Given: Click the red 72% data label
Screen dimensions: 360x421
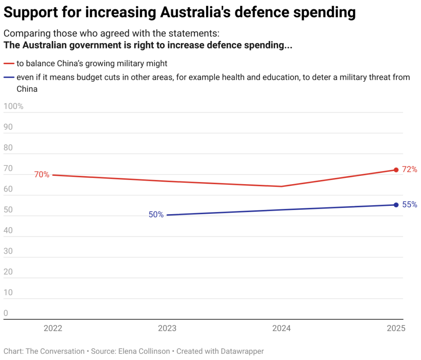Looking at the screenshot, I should tap(409, 169).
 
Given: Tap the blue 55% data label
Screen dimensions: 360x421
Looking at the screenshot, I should tap(409, 205).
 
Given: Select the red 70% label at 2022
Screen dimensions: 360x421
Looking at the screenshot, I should tap(42, 175).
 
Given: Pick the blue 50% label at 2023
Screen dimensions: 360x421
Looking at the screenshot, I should tap(156, 215).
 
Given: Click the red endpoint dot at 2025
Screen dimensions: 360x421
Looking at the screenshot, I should tap(396, 170).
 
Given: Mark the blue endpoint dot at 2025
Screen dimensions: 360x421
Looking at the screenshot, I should tap(396, 205).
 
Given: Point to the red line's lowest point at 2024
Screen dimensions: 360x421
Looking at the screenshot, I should tap(282, 186).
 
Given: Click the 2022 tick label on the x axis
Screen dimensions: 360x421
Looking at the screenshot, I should tap(53, 328).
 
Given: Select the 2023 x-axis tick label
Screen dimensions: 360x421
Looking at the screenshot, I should tap(167, 328).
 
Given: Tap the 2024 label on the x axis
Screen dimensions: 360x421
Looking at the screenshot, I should tap(282, 328).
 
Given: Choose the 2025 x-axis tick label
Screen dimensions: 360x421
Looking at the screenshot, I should tap(396, 328).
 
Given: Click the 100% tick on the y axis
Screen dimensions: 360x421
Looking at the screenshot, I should tap(13, 106).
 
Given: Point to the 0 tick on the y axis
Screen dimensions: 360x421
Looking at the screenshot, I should tap(6, 313).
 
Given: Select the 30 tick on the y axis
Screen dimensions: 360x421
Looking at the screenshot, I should tap(8, 251).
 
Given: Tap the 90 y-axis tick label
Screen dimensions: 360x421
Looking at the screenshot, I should tap(8, 127).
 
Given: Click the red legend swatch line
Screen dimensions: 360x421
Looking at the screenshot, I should tap(9, 64).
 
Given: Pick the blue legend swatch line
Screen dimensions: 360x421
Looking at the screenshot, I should tap(9, 77).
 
